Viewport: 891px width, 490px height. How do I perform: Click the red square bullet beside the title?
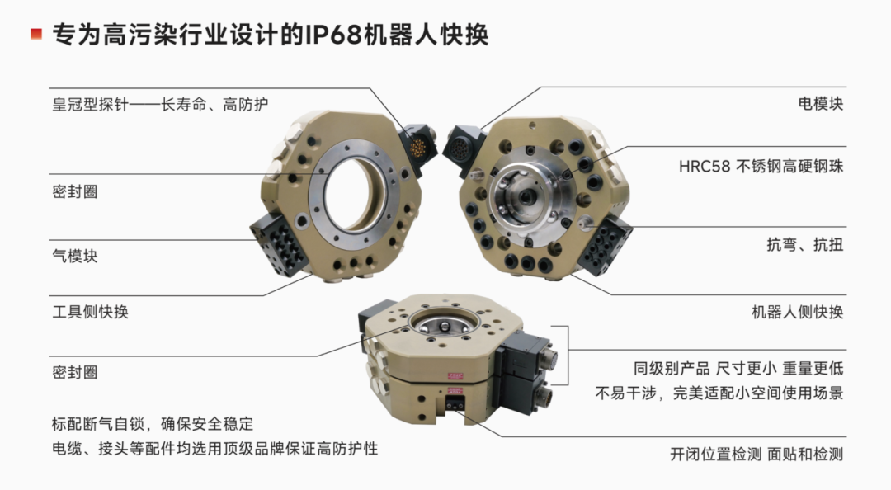36,34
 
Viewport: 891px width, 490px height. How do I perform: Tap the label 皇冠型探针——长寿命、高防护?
160,105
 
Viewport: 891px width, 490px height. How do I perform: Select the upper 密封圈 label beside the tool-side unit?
75,191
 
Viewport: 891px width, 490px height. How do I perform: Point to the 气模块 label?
75,256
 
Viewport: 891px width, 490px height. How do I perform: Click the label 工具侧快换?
91,312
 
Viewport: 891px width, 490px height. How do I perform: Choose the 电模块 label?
821,103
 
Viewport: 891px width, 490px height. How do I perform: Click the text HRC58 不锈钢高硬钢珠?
761,166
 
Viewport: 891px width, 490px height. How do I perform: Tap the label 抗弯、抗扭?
805,244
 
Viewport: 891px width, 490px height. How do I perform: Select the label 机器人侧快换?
798,312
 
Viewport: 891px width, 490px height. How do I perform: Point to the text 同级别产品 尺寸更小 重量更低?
738,369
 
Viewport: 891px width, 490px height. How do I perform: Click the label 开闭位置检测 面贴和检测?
757,455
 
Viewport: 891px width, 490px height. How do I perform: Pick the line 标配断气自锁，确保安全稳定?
153,423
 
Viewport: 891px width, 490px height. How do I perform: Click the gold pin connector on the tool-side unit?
418,148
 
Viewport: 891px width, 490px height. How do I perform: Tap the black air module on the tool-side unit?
280,243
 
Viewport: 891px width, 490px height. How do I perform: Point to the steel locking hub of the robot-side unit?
523,196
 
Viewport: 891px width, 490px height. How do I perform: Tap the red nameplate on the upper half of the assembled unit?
455,376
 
